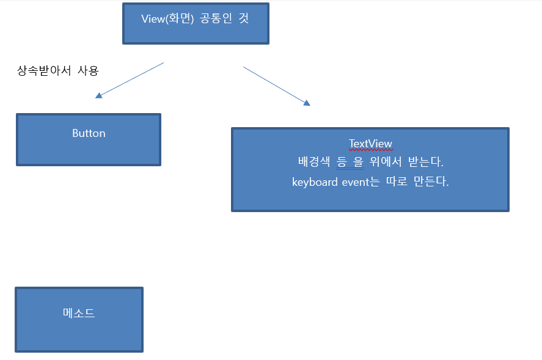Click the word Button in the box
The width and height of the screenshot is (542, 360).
click(89, 133)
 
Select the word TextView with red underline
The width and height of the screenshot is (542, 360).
click(370, 144)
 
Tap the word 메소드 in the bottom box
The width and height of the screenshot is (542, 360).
click(79, 314)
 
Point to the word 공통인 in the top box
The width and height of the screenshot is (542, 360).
click(218, 18)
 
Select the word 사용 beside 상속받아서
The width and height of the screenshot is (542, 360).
click(88, 71)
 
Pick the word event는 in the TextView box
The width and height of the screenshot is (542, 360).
click(358, 182)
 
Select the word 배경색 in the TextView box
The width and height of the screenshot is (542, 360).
click(313, 163)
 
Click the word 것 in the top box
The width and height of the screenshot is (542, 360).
click(243, 18)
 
